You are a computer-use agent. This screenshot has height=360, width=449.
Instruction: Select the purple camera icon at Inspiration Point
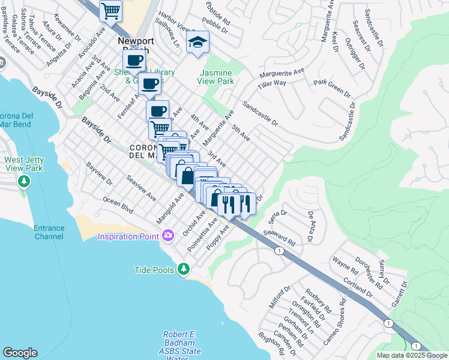pyautogui.click(x=167, y=235)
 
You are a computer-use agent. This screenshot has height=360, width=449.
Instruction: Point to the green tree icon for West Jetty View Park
pyautogui.click(x=23, y=181)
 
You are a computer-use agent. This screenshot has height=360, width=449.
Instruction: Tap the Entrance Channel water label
pyautogui.click(x=49, y=232)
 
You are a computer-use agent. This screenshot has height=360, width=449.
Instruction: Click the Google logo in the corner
pyautogui.click(x=20, y=353)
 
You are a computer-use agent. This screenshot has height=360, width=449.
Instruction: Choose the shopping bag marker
pyautogui.click(x=187, y=175)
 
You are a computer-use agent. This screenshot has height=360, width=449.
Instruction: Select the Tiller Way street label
pyautogui.click(x=272, y=83)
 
